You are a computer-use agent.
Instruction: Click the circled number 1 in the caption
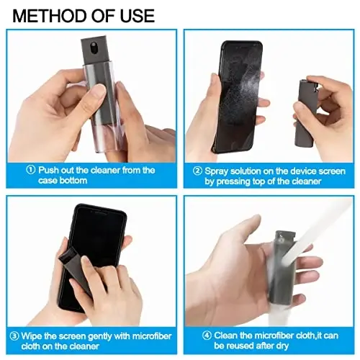point(31,170)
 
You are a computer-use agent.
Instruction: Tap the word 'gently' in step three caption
point(102,336)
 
